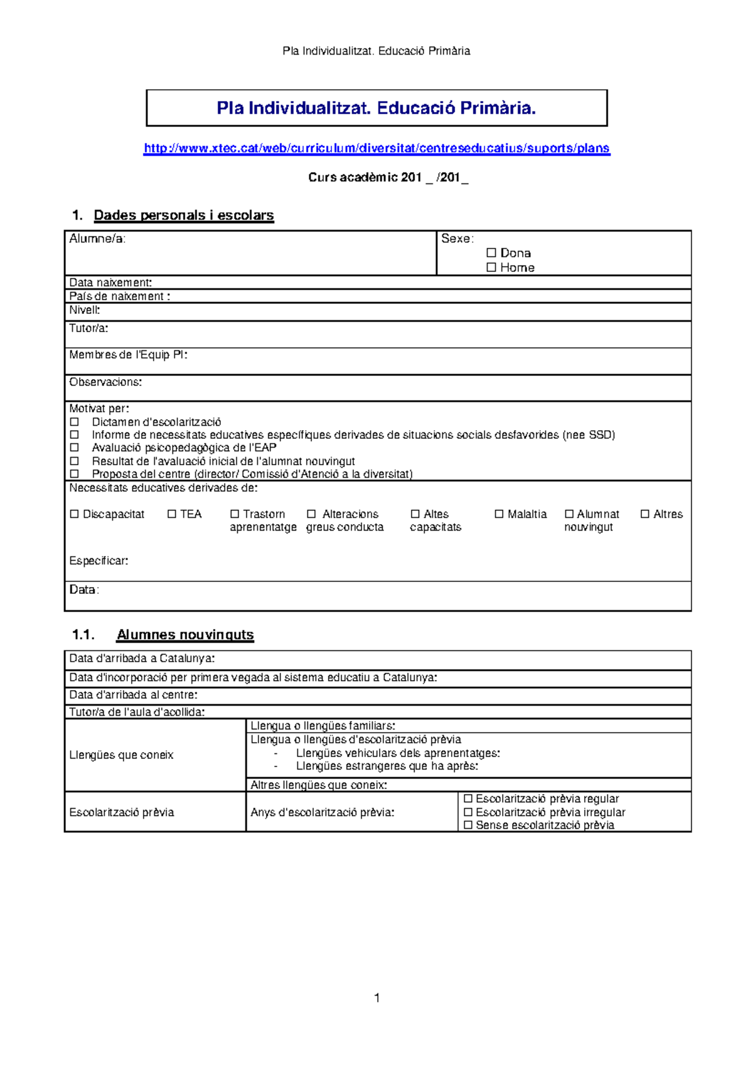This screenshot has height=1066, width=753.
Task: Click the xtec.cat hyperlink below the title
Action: pyautogui.click(x=376, y=148)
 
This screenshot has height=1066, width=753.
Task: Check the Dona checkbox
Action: pyautogui.click(x=491, y=252)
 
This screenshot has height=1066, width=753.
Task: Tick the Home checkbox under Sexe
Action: pyautogui.click(x=491, y=267)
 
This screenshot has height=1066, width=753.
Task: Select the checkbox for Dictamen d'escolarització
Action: pyautogui.click(x=75, y=422)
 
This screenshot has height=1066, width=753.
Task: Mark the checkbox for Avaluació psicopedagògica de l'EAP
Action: pyautogui.click(x=75, y=448)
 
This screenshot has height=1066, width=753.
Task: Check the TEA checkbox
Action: pyautogui.click(x=172, y=514)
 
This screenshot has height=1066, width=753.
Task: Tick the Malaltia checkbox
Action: pyautogui.click(x=499, y=514)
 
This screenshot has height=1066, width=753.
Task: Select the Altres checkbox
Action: pyautogui.click(x=644, y=514)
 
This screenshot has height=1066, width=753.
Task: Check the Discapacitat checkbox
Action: pyautogui.click(x=75, y=514)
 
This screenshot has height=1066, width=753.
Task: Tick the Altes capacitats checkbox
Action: pyautogui.click(x=415, y=514)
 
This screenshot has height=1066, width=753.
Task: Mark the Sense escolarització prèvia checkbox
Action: pyautogui.click(x=467, y=825)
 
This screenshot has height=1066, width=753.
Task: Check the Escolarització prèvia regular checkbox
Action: pyautogui.click(x=467, y=799)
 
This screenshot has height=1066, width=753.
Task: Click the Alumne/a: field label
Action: pyautogui.click(x=97, y=239)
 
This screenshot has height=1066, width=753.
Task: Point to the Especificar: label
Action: pyautogui.click(x=99, y=561)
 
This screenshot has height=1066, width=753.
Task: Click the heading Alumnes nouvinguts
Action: pyautogui.click(x=185, y=635)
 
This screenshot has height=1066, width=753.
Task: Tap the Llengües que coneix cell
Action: pyautogui.click(x=121, y=755)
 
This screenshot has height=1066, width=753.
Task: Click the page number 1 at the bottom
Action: pyautogui.click(x=376, y=998)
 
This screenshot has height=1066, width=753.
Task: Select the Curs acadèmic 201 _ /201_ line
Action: pyautogui.click(x=388, y=178)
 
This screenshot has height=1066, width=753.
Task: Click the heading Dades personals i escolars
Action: pyautogui.click(x=183, y=215)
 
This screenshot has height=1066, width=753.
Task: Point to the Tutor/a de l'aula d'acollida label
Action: pyautogui.click(x=137, y=712)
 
